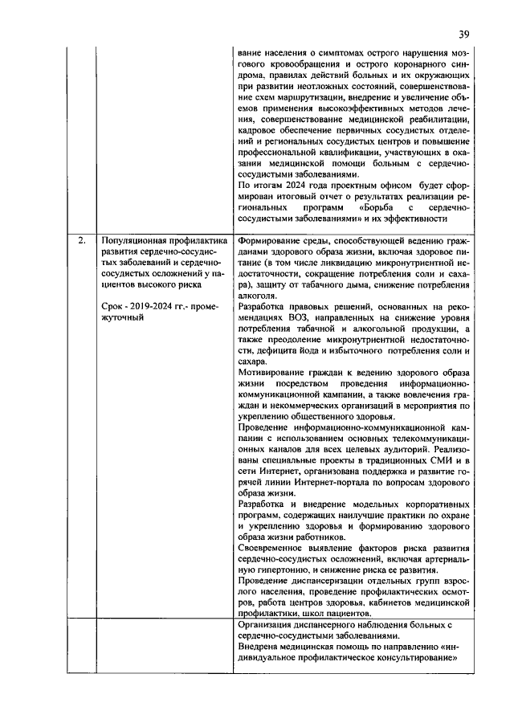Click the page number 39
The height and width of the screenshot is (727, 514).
pyautogui.click(x=463, y=34)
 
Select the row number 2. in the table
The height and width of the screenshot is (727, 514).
pyautogui.click(x=81, y=239)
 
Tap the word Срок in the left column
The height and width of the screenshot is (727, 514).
pyautogui.click(x=115, y=306)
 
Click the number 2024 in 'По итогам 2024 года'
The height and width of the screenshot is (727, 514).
pyautogui.click(x=292, y=184)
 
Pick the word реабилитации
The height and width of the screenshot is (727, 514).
pyautogui.click(x=434, y=118)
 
